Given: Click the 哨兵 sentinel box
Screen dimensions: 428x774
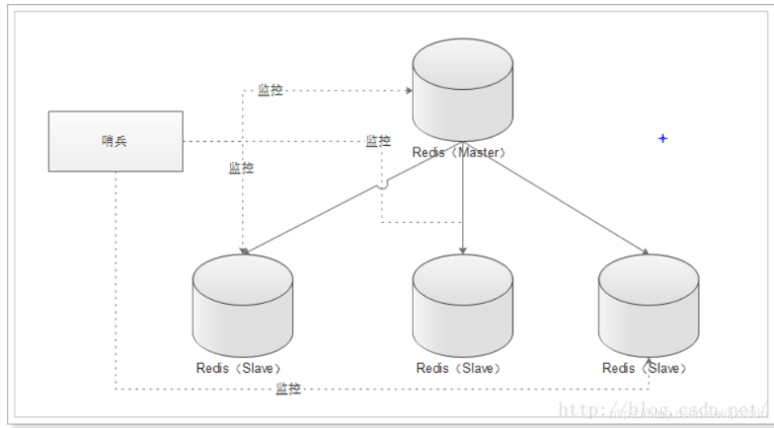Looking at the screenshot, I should [x=115, y=141].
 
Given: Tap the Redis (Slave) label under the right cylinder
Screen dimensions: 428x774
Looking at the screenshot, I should [x=646, y=368].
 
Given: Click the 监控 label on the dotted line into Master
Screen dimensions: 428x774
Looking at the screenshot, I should [x=271, y=90].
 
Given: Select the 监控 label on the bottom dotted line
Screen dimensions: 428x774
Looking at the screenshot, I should [x=289, y=389].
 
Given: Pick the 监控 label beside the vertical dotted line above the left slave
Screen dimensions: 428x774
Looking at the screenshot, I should [x=241, y=169].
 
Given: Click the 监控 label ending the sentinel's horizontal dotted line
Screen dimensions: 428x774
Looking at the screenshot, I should [x=378, y=141].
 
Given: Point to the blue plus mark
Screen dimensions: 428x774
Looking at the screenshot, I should [x=662, y=139].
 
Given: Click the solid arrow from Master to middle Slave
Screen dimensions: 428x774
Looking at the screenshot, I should [x=462, y=203].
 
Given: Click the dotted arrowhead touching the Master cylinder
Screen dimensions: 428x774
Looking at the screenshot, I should [x=408, y=90].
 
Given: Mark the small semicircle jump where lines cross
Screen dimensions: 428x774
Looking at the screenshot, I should [x=383, y=185].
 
